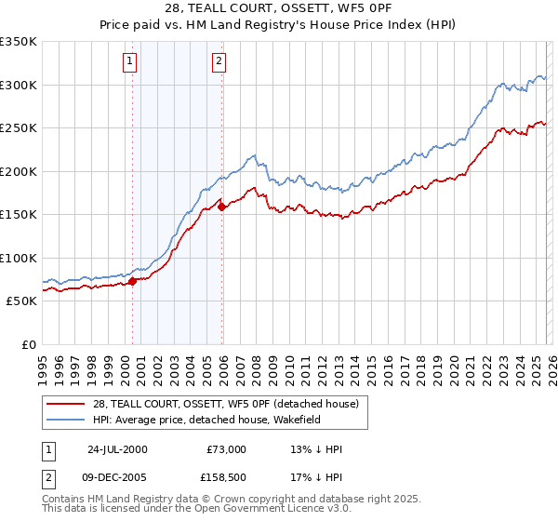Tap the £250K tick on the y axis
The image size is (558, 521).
[19, 128]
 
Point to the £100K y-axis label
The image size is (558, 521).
[19, 258]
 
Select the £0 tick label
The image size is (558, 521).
[28, 344]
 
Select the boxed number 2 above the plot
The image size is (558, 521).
[219, 62]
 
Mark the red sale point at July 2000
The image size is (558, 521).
[133, 281]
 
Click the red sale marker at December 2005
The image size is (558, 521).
[222, 207]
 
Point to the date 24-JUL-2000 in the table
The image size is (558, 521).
[117, 449]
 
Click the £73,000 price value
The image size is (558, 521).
[226, 449]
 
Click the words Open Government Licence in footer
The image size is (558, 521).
[233, 511]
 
